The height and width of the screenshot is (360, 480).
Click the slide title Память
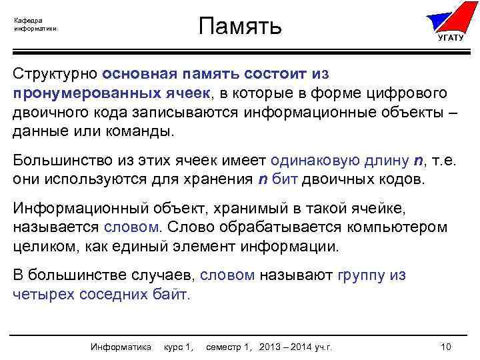pyautogui.click(x=241, y=26)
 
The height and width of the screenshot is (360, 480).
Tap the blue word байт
pyautogui.click(x=174, y=294)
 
